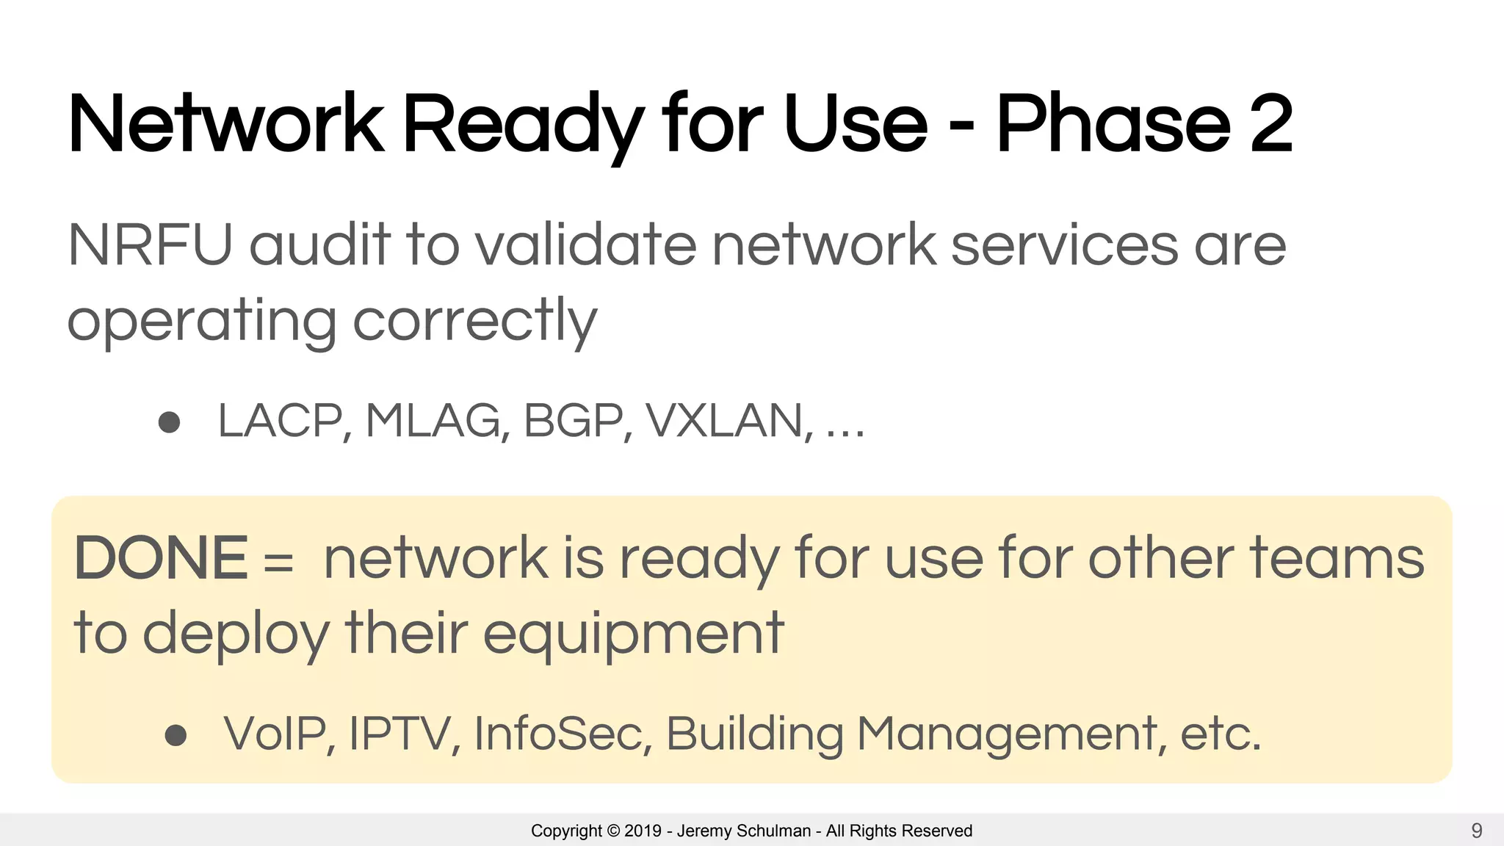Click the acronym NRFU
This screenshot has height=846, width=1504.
[150, 245]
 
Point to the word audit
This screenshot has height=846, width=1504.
[320, 245]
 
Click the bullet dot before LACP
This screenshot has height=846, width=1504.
[170, 422]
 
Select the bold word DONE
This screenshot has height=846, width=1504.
[161, 558]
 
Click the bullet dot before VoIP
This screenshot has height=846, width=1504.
[176, 735]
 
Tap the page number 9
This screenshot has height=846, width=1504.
[1477, 831]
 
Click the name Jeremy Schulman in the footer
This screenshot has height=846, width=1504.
[743, 831]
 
